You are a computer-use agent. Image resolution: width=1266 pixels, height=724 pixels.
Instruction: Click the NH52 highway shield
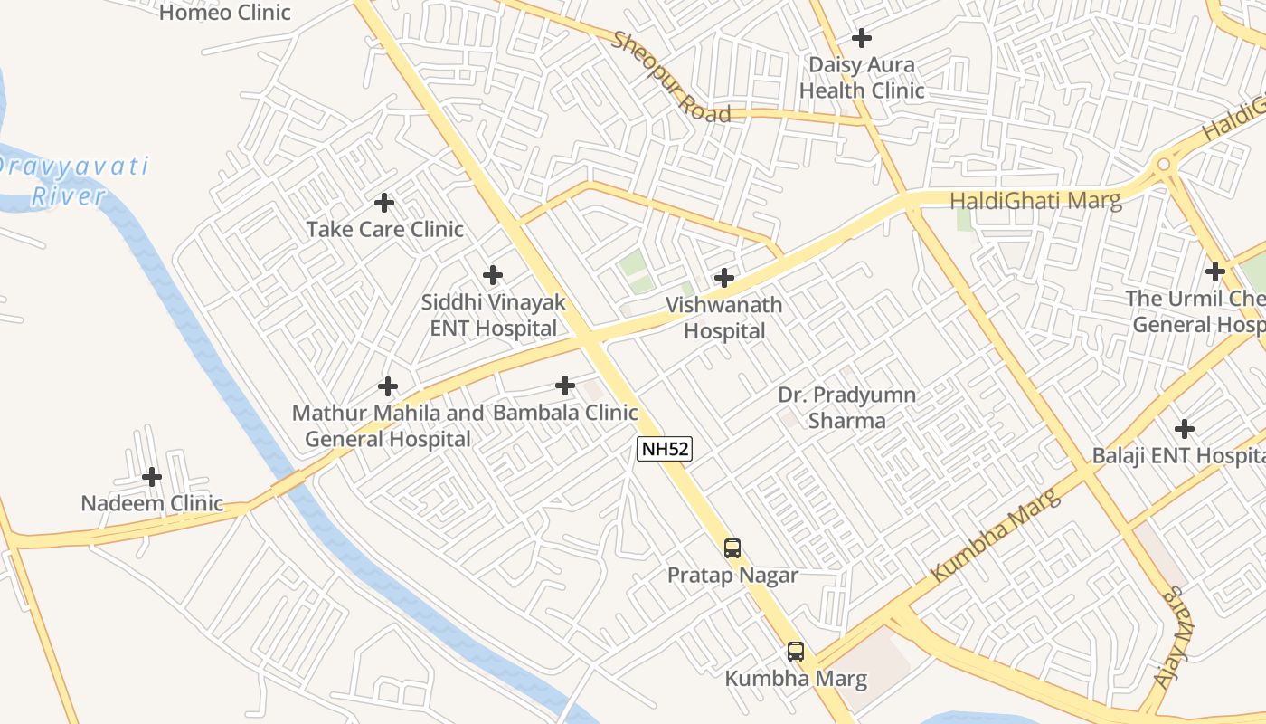tap(665, 449)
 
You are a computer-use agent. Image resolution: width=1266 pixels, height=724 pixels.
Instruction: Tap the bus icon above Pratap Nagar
tap(732, 548)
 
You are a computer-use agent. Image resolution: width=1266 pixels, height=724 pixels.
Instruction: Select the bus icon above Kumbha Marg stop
tap(796, 651)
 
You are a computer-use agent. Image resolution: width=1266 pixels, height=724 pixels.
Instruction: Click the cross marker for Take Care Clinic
tap(384, 203)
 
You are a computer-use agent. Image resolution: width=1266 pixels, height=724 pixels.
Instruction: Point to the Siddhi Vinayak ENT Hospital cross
tap(493, 274)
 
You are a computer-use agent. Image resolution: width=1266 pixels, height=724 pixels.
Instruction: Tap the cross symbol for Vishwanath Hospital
tap(724, 278)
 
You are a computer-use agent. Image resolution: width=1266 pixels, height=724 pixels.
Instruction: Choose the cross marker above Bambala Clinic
tap(565, 386)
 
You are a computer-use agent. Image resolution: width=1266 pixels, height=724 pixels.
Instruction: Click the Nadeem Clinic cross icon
tap(152, 477)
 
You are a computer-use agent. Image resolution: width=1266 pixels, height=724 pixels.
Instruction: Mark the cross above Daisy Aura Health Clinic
tap(862, 38)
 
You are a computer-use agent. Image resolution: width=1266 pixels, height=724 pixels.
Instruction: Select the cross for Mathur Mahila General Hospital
tap(388, 387)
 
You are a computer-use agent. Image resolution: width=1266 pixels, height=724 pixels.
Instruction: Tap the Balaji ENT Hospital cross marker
tap(1185, 429)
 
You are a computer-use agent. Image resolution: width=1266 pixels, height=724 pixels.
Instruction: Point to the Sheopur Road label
tap(671, 78)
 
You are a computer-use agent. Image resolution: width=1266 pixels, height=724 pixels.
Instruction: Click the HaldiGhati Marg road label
tap(1035, 200)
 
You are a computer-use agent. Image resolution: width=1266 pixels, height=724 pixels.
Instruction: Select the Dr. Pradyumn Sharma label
tap(846, 407)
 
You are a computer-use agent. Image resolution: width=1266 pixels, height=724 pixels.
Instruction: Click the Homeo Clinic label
tap(225, 13)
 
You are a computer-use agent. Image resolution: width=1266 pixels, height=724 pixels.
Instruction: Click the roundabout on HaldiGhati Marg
tap(1162, 165)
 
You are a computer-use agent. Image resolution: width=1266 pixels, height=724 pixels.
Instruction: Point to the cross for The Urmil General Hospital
tap(1215, 271)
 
